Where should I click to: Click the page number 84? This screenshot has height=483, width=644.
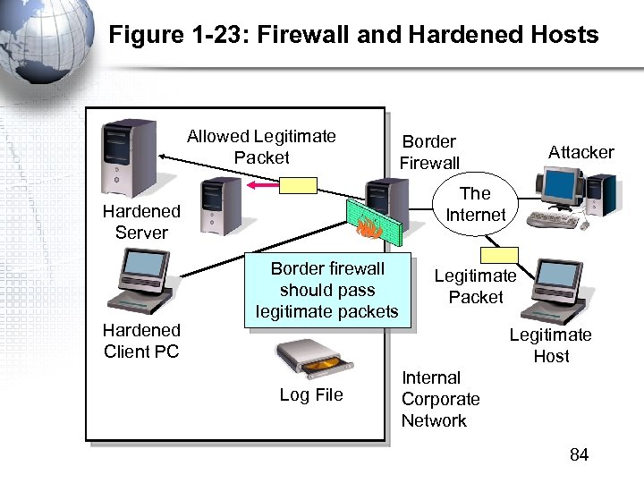[x=579, y=455]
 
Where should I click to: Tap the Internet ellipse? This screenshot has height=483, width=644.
[x=475, y=205]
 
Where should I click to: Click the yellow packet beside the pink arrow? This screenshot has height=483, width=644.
[x=298, y=185]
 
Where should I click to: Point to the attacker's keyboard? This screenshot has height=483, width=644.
[x=555, y=219]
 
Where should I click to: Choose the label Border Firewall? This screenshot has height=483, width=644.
[x=429, y=152]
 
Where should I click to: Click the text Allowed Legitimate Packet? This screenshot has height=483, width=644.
[x=261, y=147]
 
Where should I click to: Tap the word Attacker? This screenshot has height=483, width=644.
[x=580, y=152]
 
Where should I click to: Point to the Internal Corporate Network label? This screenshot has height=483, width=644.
[x=440, y=399]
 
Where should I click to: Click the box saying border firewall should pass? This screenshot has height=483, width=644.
[x=327, y=291]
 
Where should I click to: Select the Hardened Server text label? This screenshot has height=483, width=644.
[x=141, y=222]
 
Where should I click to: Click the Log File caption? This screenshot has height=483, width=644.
[x=311, y=394]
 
